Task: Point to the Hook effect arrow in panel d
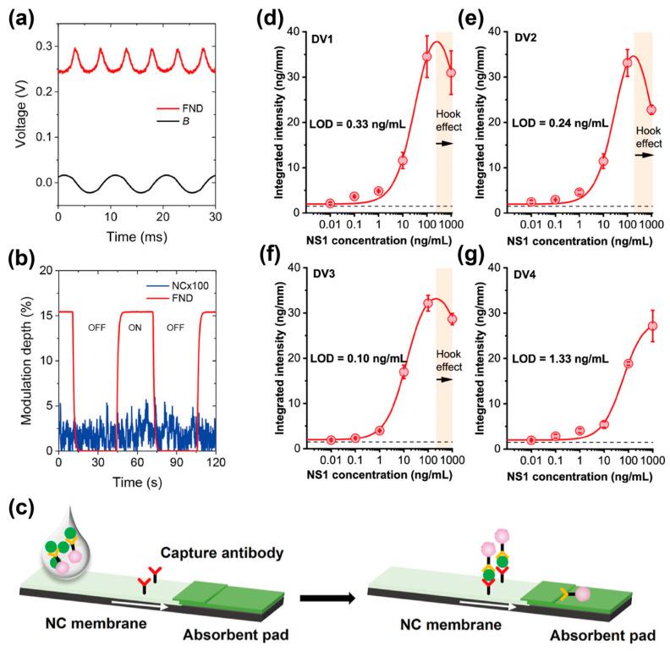click(447, 143)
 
